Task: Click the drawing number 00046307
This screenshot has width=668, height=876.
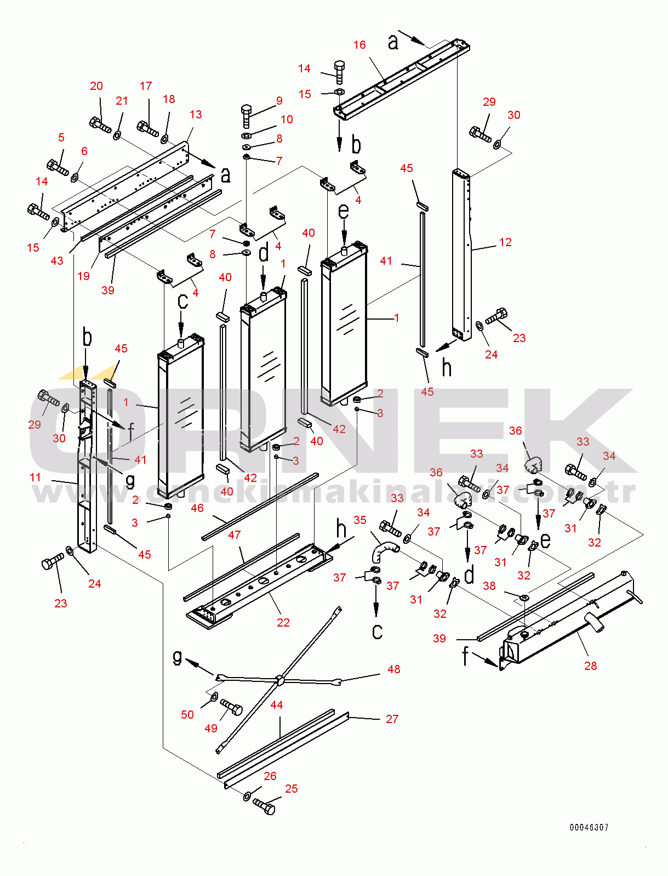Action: pos(589,827)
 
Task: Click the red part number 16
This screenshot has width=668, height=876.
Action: pos(359,45)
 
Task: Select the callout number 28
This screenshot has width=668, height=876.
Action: pos(590,665)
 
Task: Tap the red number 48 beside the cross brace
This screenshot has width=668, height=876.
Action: pos(393,669)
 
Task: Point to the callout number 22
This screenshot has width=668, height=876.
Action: pos(283,622)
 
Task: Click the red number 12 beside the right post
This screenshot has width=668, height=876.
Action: pos(505,242)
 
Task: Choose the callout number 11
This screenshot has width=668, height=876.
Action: pos(35,477)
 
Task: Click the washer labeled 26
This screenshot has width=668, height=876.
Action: pos(247,795)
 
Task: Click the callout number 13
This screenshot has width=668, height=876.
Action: pos(196,114)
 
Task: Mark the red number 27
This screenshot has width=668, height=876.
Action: pos(392,719)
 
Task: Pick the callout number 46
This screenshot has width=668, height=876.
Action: pos(197,508)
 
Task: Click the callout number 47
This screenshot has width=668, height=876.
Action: pos(235,534)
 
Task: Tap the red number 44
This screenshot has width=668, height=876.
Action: pos(277,705)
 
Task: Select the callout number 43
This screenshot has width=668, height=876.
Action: pos(57,260)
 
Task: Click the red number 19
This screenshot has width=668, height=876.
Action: pos(83,276)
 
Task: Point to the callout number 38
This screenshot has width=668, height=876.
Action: pos(489,585)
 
